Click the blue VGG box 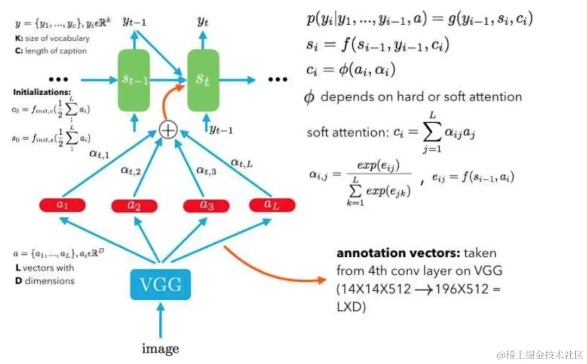tap(160, 284)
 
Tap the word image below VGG tap(160, 348)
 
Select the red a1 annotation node tap(63, 205)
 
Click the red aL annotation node tap(272, 205)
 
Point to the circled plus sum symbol tap(167, 130)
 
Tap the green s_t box tap(203, 80)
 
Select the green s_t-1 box tap(134, 80)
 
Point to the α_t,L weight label tap(241, 161)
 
